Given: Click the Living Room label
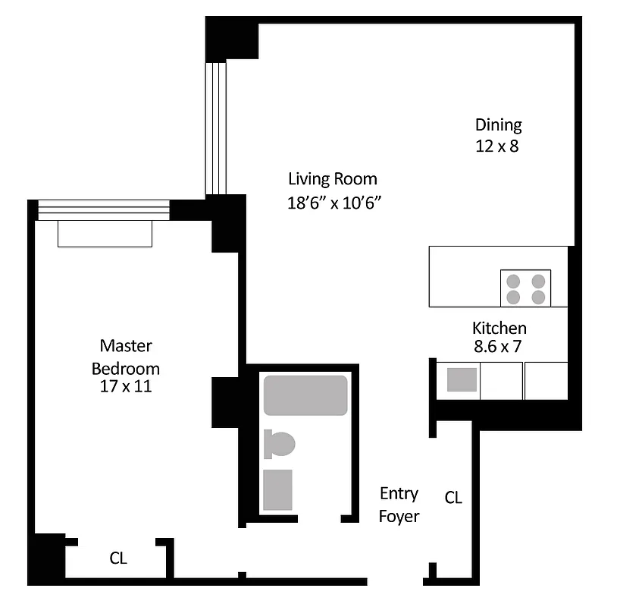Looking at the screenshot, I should (332, 180).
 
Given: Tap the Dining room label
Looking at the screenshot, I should (498, 125).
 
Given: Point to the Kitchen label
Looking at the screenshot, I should (499, 329).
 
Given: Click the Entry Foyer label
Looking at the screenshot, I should (399, 505).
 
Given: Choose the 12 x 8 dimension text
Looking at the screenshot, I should (497, 146).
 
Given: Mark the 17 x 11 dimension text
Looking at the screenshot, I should (126, 386).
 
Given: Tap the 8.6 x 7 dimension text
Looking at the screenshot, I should (499, 348).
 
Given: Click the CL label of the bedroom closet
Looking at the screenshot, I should (118, 559).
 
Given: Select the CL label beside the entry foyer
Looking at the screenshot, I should (453, 498).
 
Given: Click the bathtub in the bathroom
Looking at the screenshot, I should (305, 395).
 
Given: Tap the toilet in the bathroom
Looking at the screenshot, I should (280, 444).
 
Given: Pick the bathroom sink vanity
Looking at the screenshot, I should (277, 489).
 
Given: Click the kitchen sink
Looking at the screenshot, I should (462, 379).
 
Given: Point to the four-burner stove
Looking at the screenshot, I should (525, 288).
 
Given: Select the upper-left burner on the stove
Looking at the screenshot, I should (514, 280).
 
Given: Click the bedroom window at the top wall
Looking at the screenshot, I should (104, 209).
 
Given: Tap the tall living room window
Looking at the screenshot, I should (217, 127).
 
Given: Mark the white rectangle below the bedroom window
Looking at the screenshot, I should (105, 234).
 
